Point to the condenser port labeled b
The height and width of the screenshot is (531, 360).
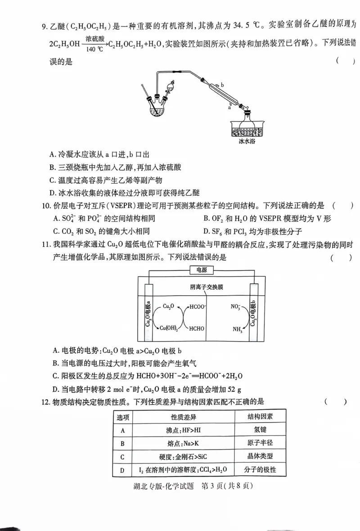click(x=222, y=85)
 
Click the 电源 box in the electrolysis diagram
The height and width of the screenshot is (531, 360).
click(x=198, y=270)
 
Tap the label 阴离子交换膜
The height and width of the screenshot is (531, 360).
click(x=206, y=287)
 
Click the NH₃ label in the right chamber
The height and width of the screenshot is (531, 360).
click(x=238, y=329)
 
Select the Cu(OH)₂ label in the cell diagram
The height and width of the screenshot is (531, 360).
click(x=169, y=328)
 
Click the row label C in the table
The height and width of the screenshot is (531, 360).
click(x=122, y=457)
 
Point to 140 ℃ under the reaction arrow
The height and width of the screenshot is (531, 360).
click(x=94, y=49)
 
